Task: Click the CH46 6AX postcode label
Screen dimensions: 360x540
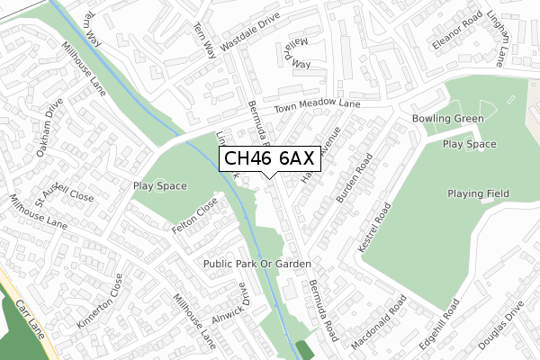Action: coord(269,159)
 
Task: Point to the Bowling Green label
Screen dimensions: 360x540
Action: coord(447,119)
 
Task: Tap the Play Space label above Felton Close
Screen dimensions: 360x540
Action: coord(159,186)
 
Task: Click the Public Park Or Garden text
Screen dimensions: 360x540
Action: coord(256,264)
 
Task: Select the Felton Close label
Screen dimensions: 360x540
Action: coord(196,217)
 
